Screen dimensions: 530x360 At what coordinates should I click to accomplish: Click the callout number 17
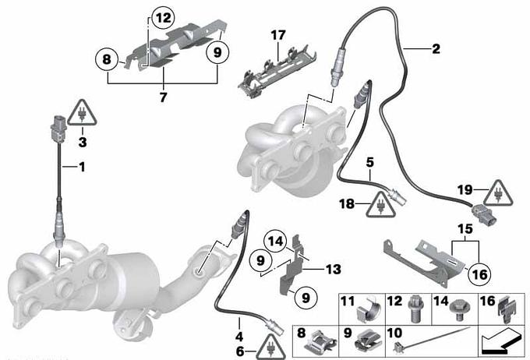click(278, 35)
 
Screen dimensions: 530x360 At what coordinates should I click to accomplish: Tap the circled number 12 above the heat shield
click(163, 18)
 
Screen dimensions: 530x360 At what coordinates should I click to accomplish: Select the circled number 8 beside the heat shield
click(107, 59)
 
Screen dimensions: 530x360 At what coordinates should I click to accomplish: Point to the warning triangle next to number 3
click(82, 113)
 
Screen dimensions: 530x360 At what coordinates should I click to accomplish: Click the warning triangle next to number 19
click(498, 193)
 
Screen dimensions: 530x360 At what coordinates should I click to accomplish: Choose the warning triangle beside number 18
click(380, 204)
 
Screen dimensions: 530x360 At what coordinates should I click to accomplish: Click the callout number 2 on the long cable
click(436, 48)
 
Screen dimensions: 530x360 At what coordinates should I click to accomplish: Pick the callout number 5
click(370, 162)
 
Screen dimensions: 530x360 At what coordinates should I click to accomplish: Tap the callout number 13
click(334, 270)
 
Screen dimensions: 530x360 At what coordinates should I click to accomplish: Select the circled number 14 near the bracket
click(276, 242)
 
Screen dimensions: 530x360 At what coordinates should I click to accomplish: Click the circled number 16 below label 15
click(479, 274)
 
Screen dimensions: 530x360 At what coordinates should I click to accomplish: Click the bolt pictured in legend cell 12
click(415, 309)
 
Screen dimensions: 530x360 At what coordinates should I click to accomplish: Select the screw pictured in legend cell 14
click(458, 309)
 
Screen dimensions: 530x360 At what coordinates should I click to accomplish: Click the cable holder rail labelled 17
click(277, 72)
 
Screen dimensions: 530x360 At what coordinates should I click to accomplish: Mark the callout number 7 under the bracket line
click(163, 97)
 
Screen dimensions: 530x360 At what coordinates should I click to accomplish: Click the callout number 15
click(465, 229)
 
